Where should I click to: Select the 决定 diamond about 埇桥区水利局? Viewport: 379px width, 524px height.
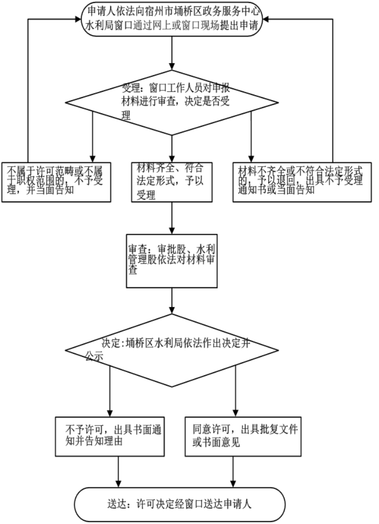[172, 348]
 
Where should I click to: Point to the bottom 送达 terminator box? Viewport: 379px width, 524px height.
[180, 505]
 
